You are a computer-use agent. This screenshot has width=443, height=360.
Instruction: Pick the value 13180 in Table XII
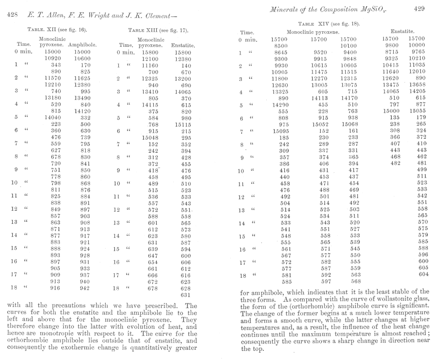coord(39,96)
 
